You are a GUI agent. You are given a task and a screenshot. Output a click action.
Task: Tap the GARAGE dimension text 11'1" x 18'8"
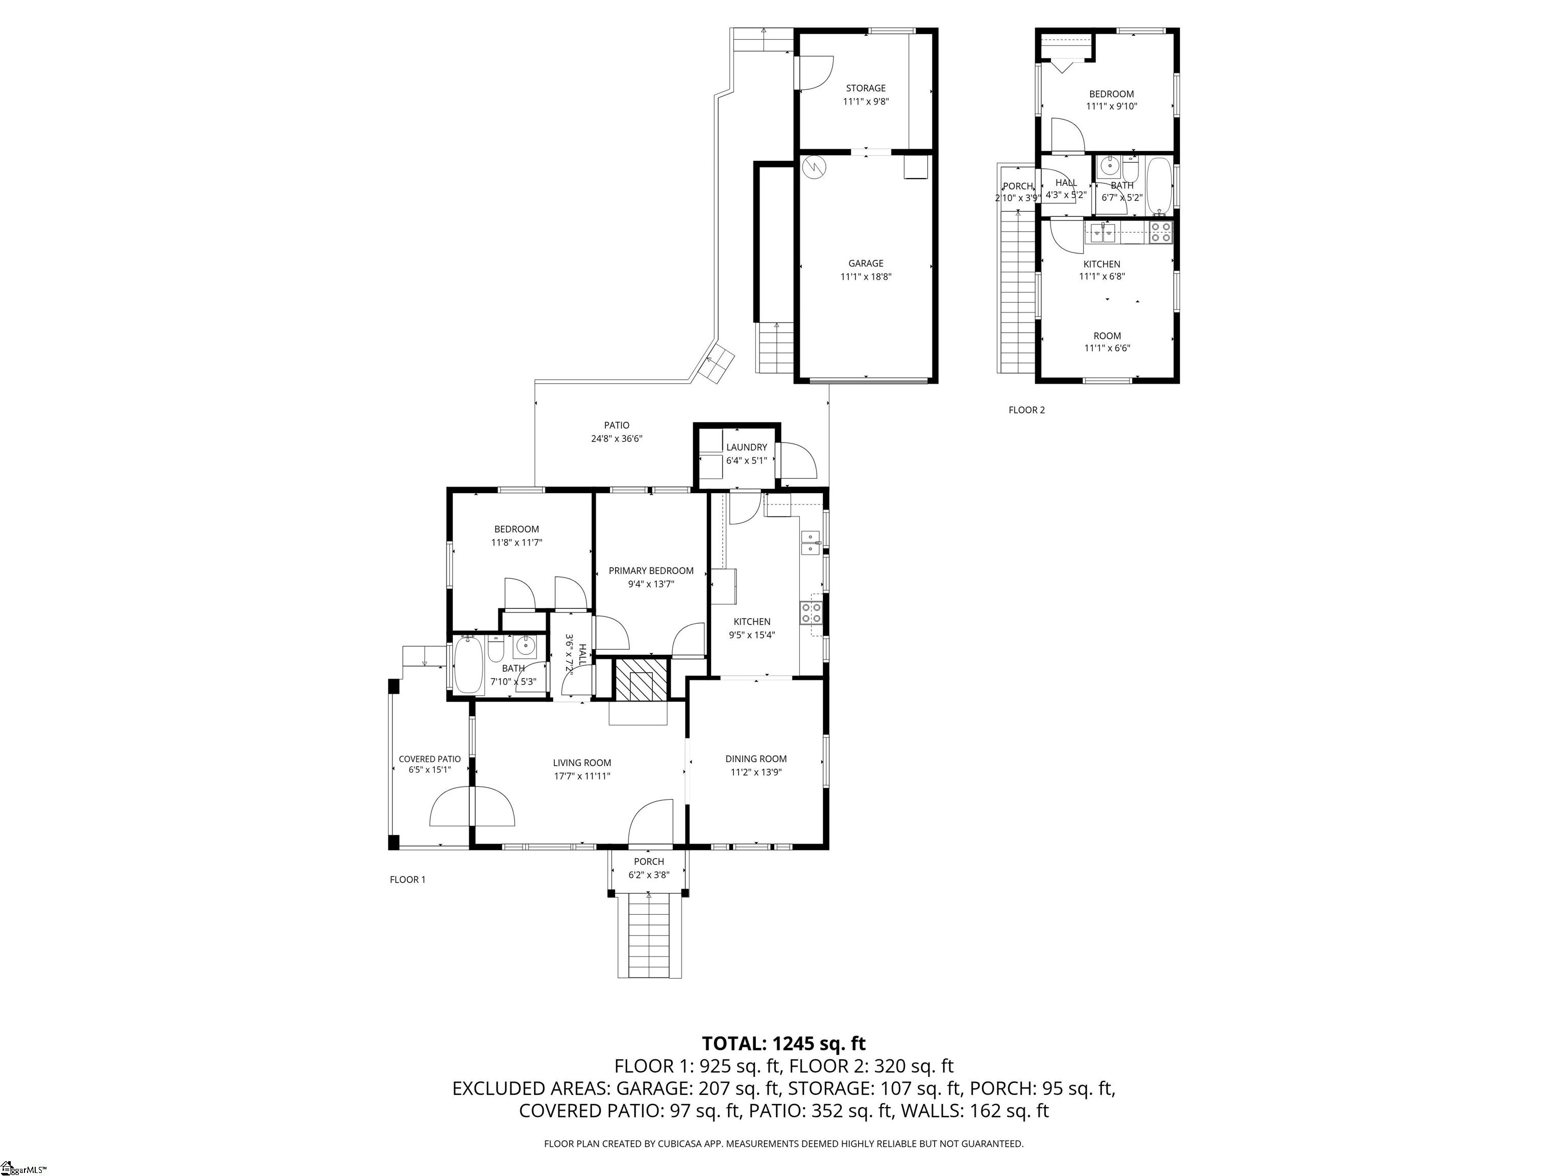[x=866, y=277]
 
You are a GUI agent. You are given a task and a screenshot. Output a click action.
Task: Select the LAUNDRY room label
[x=746, y=447]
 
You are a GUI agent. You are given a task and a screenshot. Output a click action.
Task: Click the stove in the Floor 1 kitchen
[x=812, y=613]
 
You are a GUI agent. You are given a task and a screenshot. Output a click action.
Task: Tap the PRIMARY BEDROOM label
[x=651, y=571]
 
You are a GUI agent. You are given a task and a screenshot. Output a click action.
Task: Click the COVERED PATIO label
[x=430, y=759]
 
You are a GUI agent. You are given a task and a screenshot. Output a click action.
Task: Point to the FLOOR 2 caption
[x=1026, y=410]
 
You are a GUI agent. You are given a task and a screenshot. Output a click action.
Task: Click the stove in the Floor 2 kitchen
[x=1160, y=233]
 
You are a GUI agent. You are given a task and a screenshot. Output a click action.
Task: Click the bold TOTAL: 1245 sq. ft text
[x=783, y=1043]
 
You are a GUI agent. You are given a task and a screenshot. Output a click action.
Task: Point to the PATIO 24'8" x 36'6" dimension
[x=617, y=439]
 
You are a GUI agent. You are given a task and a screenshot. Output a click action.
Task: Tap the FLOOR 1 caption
[x=408, y=879]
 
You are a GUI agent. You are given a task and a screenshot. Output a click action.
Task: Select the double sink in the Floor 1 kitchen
[x=810, y=542]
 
